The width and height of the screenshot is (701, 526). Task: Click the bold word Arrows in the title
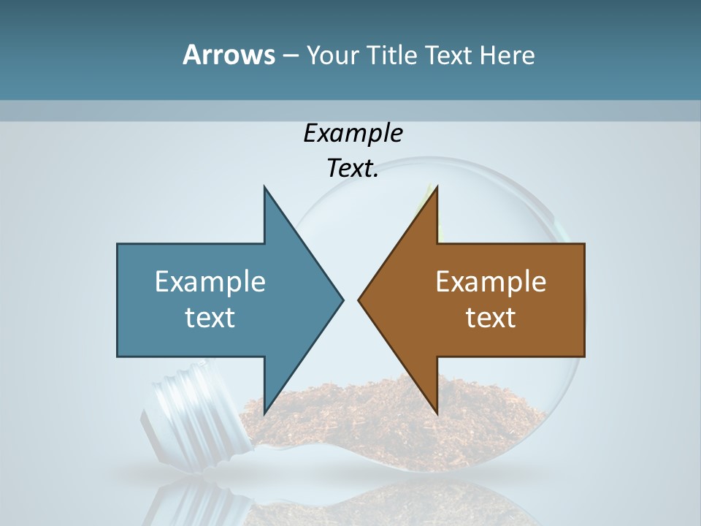pyautogui.click(x=229, y=55)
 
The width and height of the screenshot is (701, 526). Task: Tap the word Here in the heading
pyautogui.click(x=506, y=56)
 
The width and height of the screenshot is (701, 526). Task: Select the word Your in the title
pyautogui.click(x=332, y=56)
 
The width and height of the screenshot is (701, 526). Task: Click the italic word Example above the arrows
pyautogui.click(x=353, y=134)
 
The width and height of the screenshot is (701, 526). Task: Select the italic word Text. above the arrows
pyautogui.click(x=353, y=169)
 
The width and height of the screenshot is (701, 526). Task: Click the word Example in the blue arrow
pyautogui.click(x=210, y=282)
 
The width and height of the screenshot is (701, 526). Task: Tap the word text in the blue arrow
pyautogui.click(x=210, y=318)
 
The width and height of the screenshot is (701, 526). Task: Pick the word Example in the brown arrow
pyautogui.click(x=491, y=282)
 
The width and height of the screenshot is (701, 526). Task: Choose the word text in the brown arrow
pyautogui.click(x=491, y=318)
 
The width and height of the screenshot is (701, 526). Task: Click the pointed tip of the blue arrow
pyautogui.click(x=342, y=300)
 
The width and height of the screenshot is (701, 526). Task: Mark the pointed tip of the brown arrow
pyautogui.click(x=359, y=300)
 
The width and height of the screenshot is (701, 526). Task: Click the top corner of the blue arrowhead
pyautogui.click(x=264, y=187)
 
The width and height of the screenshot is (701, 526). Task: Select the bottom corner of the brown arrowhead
pyautogui.click(x=437, y=413)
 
